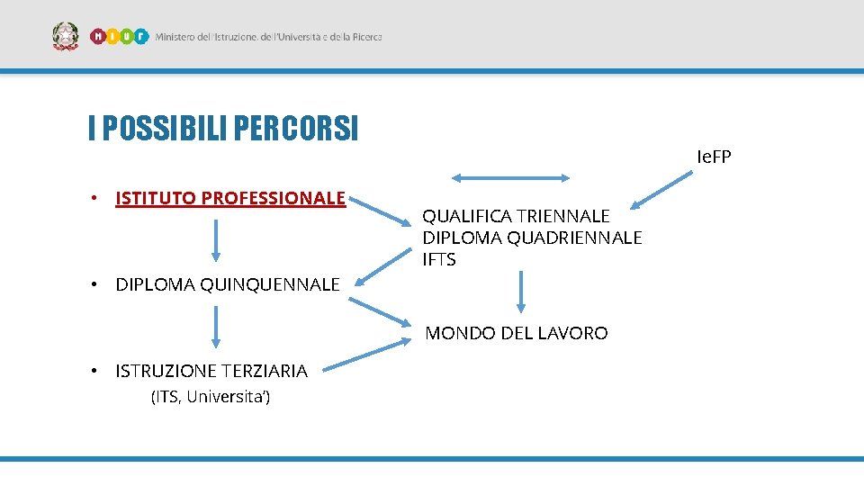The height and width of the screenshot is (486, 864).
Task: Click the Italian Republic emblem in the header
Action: pos(66,37)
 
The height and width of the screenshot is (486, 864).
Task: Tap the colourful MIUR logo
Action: pos(119,37)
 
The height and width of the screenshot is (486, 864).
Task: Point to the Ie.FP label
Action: pos(714,157)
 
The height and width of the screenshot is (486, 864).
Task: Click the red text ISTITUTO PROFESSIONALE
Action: pos(230,198)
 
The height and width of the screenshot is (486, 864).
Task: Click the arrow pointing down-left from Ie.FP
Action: pos(659,191)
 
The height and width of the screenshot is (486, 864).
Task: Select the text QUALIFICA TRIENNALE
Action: pos(516,216)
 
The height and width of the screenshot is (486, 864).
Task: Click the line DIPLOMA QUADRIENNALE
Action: pos(532,238)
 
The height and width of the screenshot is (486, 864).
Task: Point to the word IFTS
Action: pos(439,260)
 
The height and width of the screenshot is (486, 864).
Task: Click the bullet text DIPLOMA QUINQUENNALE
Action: pos(228,285)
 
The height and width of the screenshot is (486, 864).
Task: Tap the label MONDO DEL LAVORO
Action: pos(516,333)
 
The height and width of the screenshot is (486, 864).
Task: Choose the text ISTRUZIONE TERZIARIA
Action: pos(211,371)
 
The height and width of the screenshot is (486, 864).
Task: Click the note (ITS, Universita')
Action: pos(211,397)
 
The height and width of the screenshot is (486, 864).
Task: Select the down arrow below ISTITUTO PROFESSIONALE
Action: pos(216,240)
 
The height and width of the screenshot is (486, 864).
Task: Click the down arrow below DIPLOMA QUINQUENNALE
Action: pos(216,327)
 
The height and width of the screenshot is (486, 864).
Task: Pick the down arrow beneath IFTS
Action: pos(520,292)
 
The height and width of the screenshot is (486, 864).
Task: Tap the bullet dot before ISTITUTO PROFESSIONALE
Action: pos(94,198)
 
